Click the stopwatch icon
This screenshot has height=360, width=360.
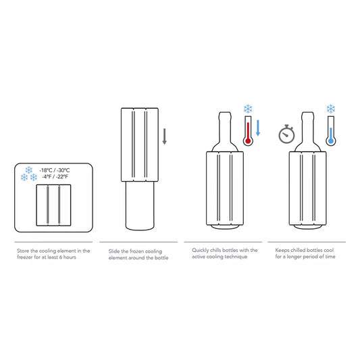click(x=287, y=134)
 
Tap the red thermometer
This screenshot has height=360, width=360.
click(x=248, y=133)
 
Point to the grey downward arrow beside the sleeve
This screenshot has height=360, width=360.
click(x=164, y=137)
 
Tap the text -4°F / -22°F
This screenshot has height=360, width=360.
click(x=55, y=176)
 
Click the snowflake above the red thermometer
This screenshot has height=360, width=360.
click(x=248, y=109)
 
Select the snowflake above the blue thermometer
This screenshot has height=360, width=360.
click(x=330, y=109)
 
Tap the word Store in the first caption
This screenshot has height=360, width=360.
click(x=23, y=251)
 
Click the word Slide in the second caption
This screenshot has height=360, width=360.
click(x=115, y=251)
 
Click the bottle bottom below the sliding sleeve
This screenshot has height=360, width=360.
click(x=140, y=206)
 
